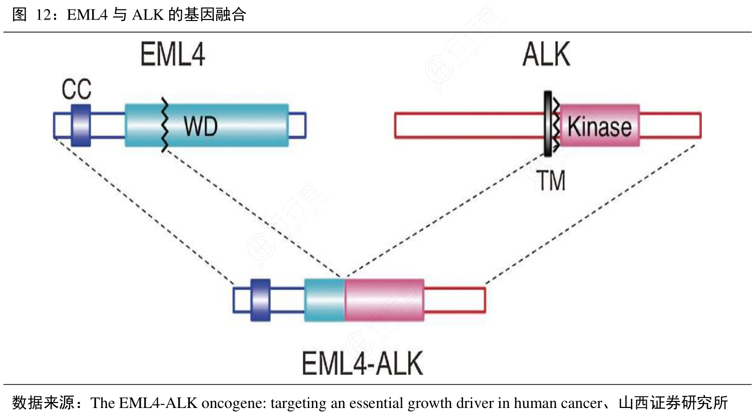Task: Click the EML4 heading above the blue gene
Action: [x=173, y=55]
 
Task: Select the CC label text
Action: [x=76, y=90]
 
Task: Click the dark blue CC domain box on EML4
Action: [x=81, y=125]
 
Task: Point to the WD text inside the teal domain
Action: [x=200, y=126]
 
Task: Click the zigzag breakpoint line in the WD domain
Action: [x=164, y=125]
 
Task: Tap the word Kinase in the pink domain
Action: [x=599, y=127]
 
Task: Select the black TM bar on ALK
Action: [x=548, y=124]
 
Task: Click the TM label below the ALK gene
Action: [x=552, y=181]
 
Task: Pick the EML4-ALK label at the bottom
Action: [x=362, y=363]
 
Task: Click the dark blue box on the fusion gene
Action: [x=260, y=300]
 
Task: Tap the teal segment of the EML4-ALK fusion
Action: [x=324, y=300]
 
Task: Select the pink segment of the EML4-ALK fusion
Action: [x=384, y=300]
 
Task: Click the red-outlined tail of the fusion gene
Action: [x=455, y=300]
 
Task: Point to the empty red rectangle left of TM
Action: [x=469, y=125]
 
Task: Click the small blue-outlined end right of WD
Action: [x=297, y=125]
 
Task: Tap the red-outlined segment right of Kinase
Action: [x=670, y=125]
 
